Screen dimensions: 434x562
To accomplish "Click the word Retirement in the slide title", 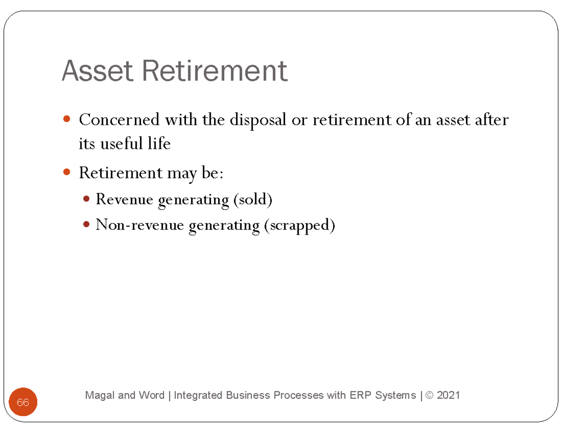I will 215,72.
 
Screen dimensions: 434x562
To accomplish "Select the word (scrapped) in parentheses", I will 300,226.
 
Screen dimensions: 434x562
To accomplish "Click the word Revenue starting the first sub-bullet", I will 125,200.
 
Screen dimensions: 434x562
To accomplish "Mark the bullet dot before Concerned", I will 67,120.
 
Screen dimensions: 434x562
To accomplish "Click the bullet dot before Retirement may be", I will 67,173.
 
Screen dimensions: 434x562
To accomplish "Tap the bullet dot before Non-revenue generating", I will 86,225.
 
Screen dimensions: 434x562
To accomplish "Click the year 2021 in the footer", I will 448,396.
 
